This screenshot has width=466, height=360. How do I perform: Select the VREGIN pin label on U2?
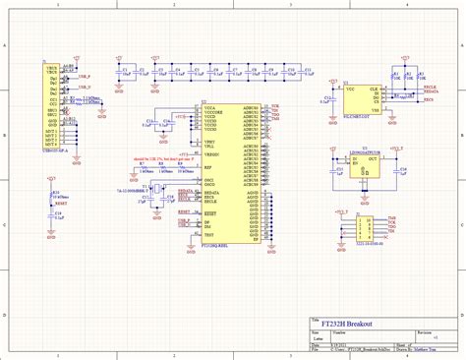click(211, 155)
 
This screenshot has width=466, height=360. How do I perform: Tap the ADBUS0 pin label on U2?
click(250, 107)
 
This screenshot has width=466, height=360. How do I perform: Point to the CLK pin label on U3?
click(375, 88)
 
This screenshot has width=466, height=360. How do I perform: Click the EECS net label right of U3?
click(429, 100)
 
